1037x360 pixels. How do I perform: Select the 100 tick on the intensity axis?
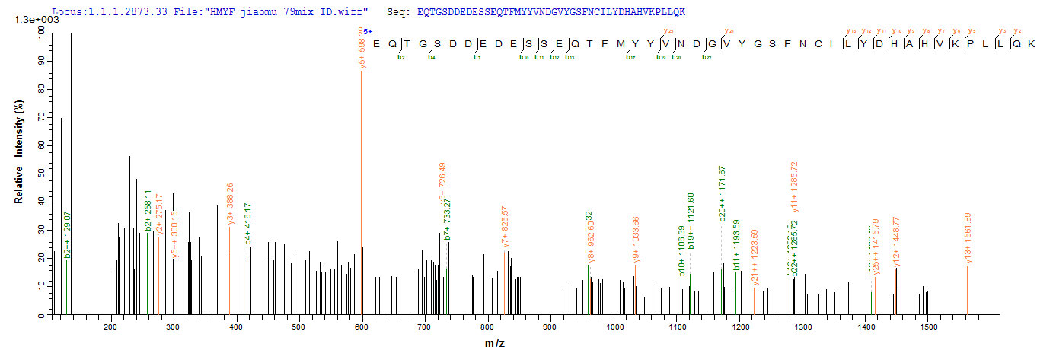click(40, 31)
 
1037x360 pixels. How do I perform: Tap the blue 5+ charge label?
click(368, 31)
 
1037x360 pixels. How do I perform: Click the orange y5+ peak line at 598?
click(362, 190)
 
